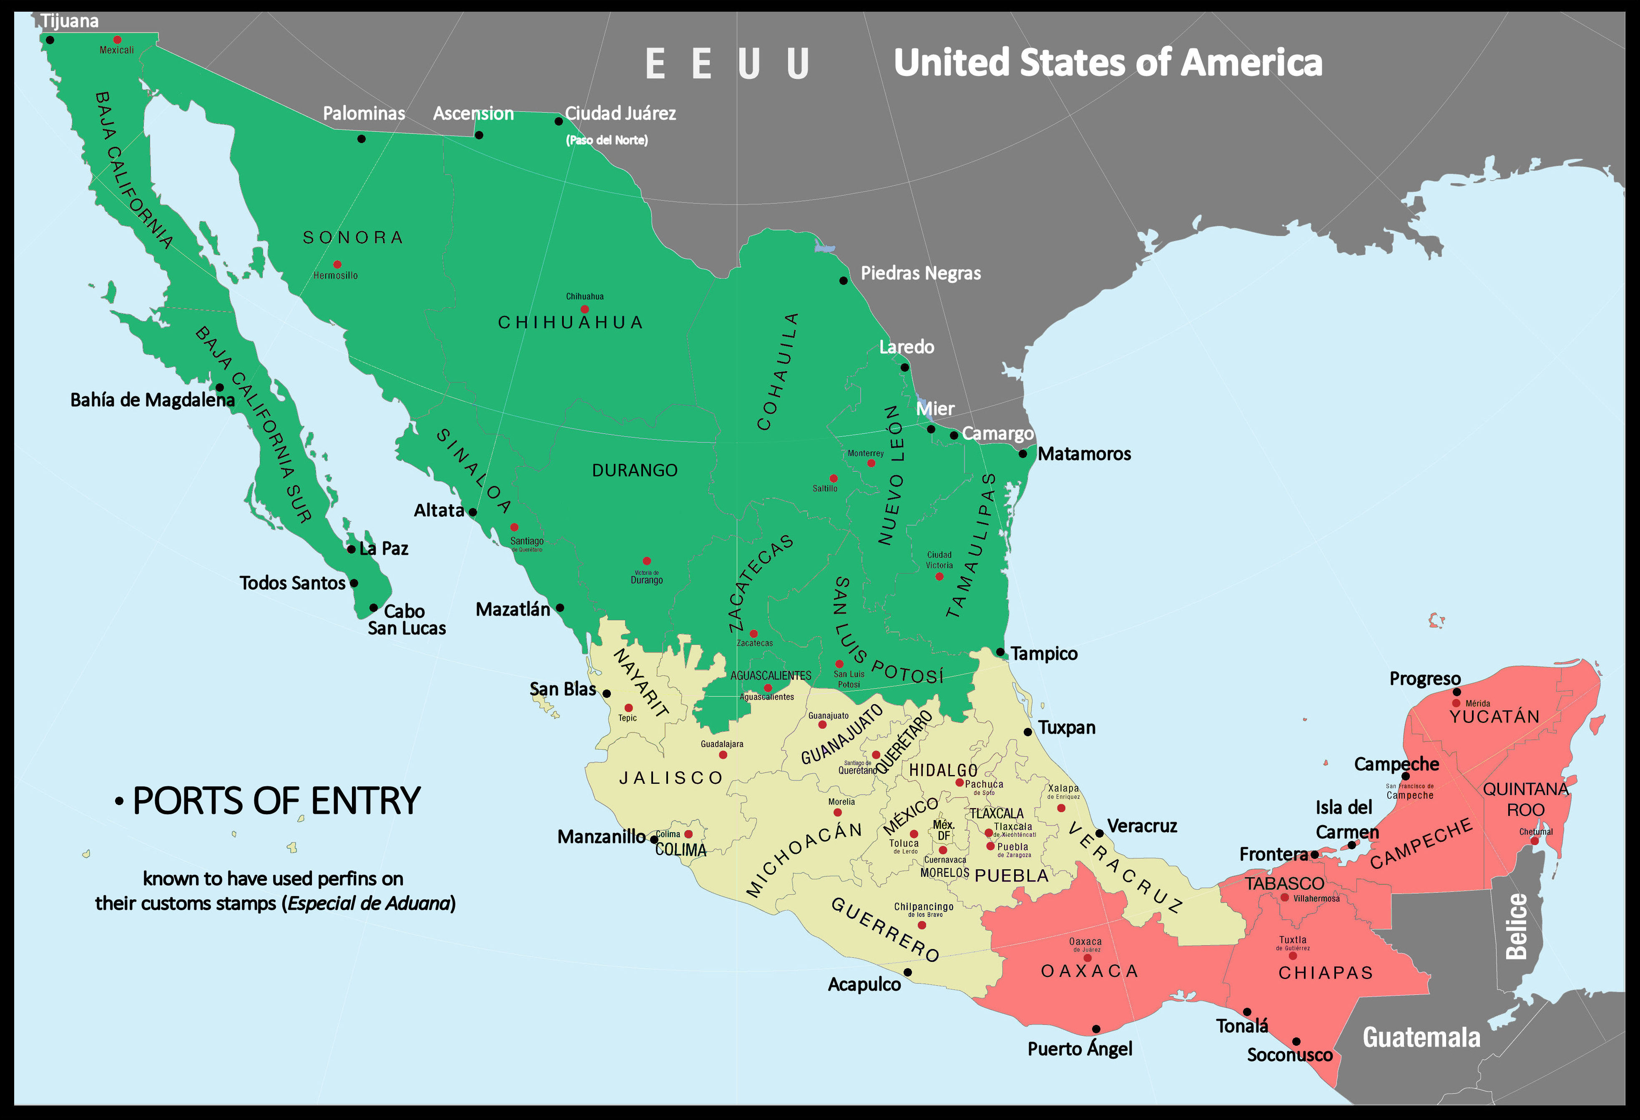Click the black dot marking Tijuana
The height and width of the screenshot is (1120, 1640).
coord(50,40)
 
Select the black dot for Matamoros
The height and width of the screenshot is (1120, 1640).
coord(1022,454)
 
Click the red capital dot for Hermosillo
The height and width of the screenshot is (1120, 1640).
coord(337,264)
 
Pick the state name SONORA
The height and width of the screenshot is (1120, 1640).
coord(353,237)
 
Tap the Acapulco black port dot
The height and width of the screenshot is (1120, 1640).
coord(907,972)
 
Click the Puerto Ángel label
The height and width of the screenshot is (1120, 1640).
coord(1079,1049)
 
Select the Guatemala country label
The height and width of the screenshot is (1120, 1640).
coord(1421,1037)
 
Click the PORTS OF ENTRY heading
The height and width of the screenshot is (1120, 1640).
coord(276,801)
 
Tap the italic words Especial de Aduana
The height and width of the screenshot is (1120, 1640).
coord(368,904)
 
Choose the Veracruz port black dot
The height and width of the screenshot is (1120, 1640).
coord(1099,833)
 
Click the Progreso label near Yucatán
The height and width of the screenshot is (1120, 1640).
coord(1425,678)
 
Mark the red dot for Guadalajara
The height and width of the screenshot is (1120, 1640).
coord(723,755)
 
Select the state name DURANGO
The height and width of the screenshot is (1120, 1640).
coord(634,470)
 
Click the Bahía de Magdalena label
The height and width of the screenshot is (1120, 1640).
coord(152,400)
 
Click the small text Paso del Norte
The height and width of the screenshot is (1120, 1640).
coord(607,140)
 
